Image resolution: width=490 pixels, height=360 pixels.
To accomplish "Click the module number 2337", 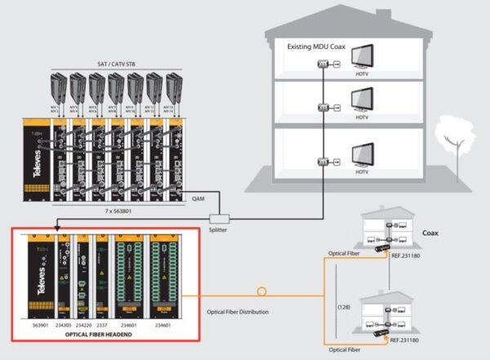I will pyautogui.click(x=101, y=323).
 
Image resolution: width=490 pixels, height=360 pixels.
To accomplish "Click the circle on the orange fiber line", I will pyautogui.click(x=261, y=290).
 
